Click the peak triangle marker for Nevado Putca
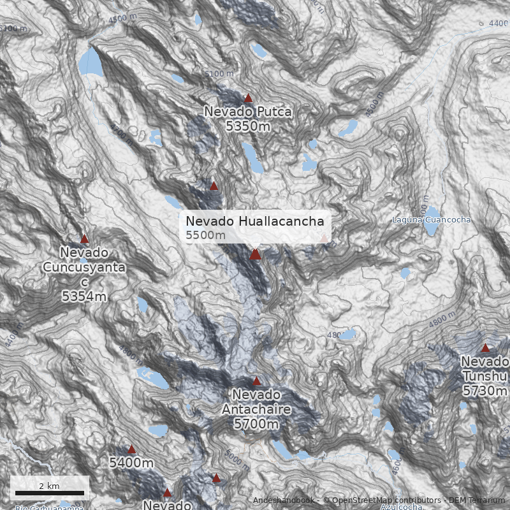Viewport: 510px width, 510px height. [249, 98]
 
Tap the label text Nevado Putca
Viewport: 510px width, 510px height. [248, 112]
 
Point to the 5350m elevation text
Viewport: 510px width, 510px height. [248, 126]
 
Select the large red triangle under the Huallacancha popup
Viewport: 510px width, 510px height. [255, 254]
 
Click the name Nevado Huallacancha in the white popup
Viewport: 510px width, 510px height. [255, 221]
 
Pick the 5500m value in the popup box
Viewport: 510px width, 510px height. [205, 236]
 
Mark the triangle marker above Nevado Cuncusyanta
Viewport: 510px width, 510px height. [84, 239]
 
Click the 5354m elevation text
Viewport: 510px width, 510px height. [84, 296]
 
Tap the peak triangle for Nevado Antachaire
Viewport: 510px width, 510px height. [256, 381]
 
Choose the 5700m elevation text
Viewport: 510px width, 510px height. [256, 423]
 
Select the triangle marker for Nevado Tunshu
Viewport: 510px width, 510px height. [485, 348]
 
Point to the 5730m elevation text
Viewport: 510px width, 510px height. [485, 390]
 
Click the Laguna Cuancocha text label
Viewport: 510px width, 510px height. [432, 220]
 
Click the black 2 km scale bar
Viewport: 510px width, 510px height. [50, 493]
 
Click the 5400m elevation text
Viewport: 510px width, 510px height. [131, 463]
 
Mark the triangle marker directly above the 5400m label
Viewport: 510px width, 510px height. [131, 449]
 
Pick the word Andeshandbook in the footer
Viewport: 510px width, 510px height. [283, 500]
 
